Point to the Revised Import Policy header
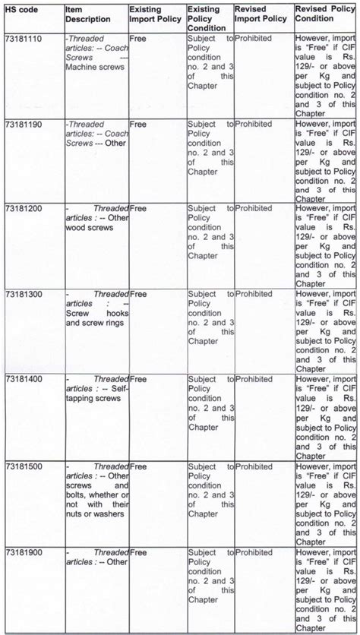[x=263, y=15]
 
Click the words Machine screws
[x=95, y=67]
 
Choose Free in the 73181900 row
[x=138, y=551]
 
